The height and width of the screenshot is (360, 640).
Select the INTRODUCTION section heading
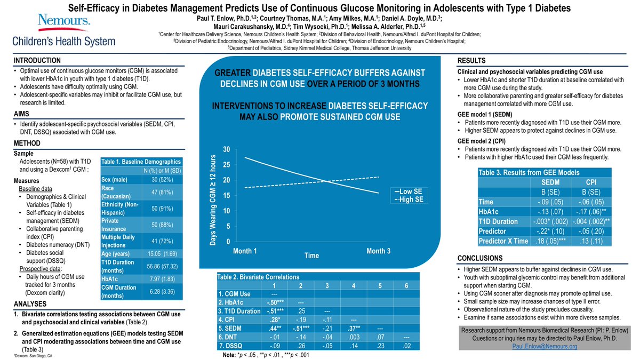point(37,60)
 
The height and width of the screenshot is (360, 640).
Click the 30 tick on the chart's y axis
point(226,149)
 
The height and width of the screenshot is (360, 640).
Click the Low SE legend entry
point(409,191)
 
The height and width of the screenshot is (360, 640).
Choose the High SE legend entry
point(409,199)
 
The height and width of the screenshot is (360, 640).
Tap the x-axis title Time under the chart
point(311,256)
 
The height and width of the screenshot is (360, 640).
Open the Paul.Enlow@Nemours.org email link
point(543,346)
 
